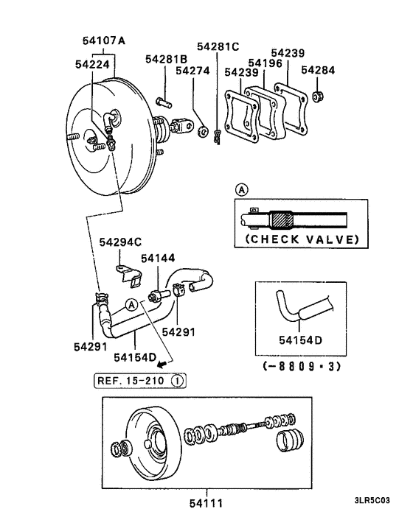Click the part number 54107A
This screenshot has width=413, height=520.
pos(100,41)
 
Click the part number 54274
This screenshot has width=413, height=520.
pos(191,72)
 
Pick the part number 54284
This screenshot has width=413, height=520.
pos(319,71)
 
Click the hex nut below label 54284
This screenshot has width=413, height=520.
pos(319,95)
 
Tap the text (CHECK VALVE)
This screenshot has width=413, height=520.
pos(302,239)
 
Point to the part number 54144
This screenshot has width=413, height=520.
pos(158,259)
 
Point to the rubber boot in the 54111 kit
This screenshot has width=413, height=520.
pos(291,444)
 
